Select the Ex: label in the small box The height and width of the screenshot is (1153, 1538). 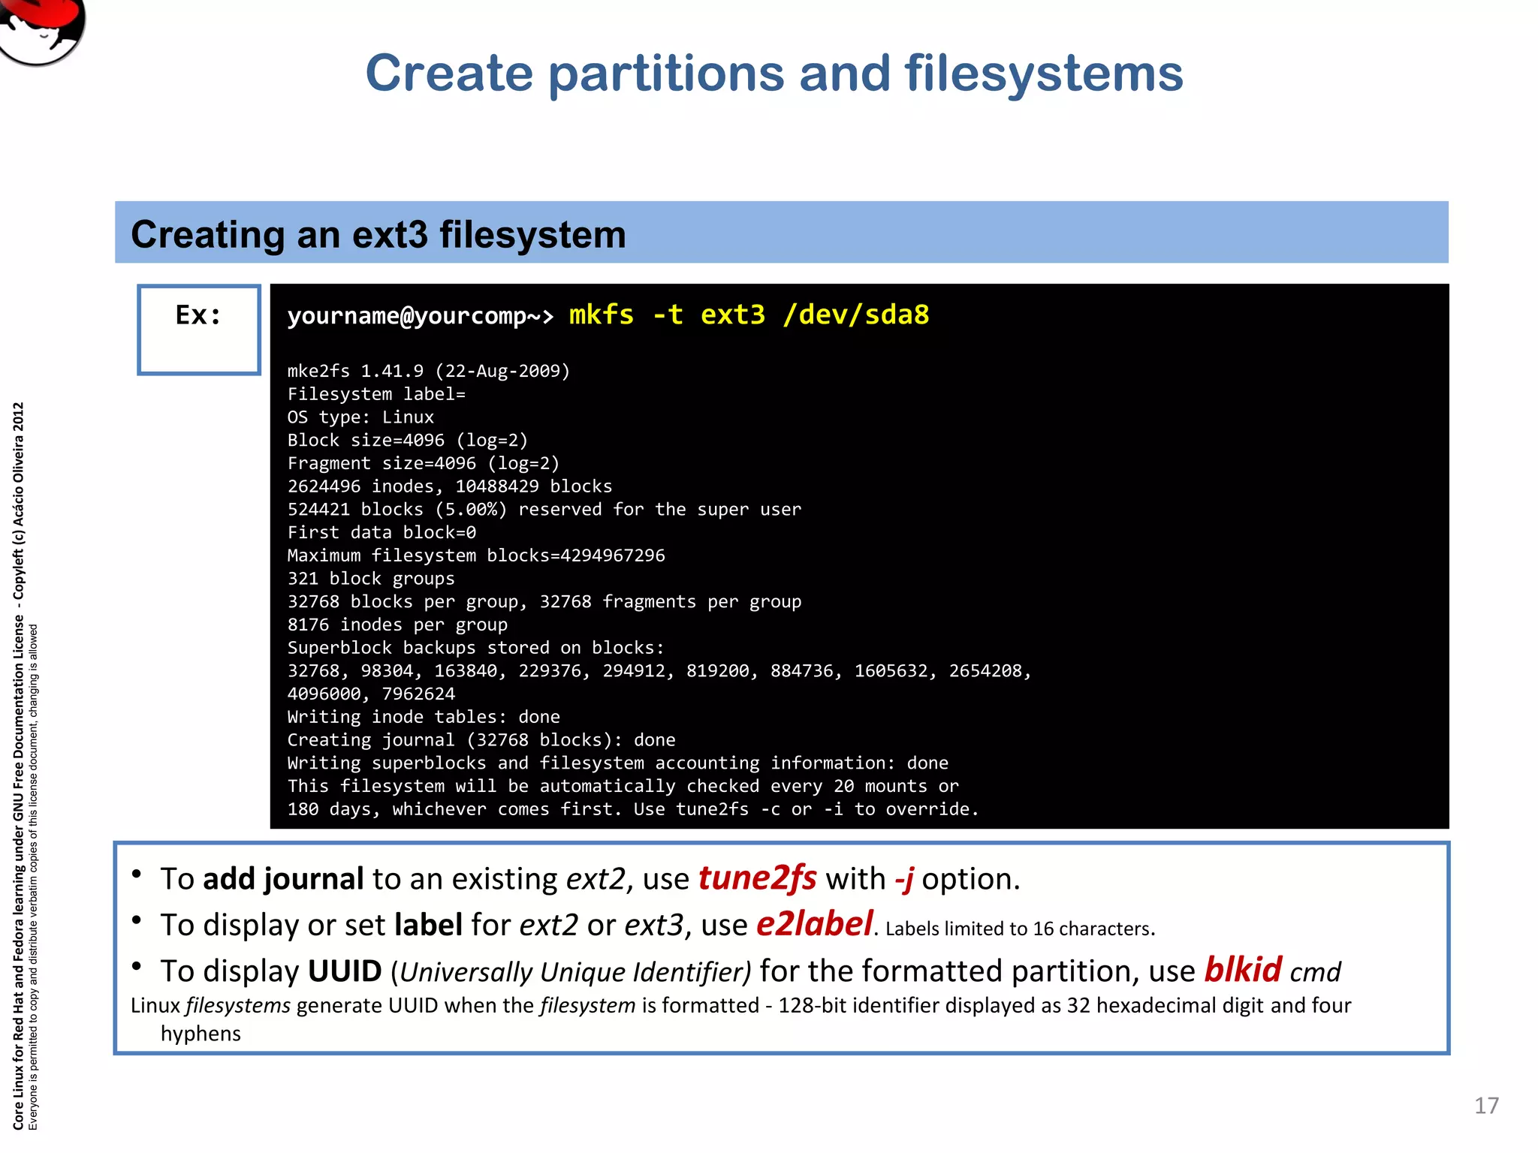[x=198, y=315]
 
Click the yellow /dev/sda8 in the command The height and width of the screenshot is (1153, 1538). [x=855, y=315]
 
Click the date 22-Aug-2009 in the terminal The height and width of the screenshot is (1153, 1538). [x=502, y=372]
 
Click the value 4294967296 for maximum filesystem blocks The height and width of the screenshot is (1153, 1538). [x=612, y=555]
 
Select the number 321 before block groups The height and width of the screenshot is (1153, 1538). [x=303, y=579]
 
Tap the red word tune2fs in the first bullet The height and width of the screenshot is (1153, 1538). [x=757, y=878]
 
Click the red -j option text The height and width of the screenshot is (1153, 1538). [x=904, y=878]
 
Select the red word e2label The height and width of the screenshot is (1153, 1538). [x=814, y=924]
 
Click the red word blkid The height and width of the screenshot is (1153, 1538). [x=1243, y=970]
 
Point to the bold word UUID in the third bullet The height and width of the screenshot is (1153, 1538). [x=345, y=971]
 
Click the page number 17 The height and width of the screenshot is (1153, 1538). [x=1486, y=1106]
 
